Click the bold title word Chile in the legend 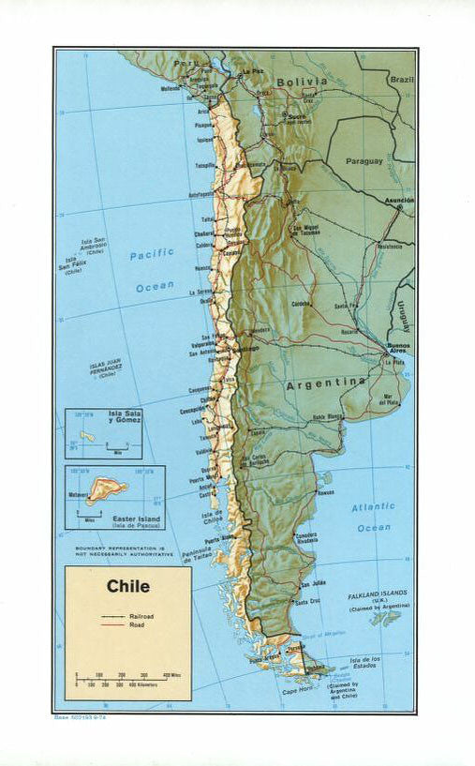127,587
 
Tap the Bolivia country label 301,82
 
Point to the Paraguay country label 364,160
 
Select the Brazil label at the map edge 403,80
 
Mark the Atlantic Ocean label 373,517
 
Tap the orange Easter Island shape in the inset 109,488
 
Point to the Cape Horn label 296,692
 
